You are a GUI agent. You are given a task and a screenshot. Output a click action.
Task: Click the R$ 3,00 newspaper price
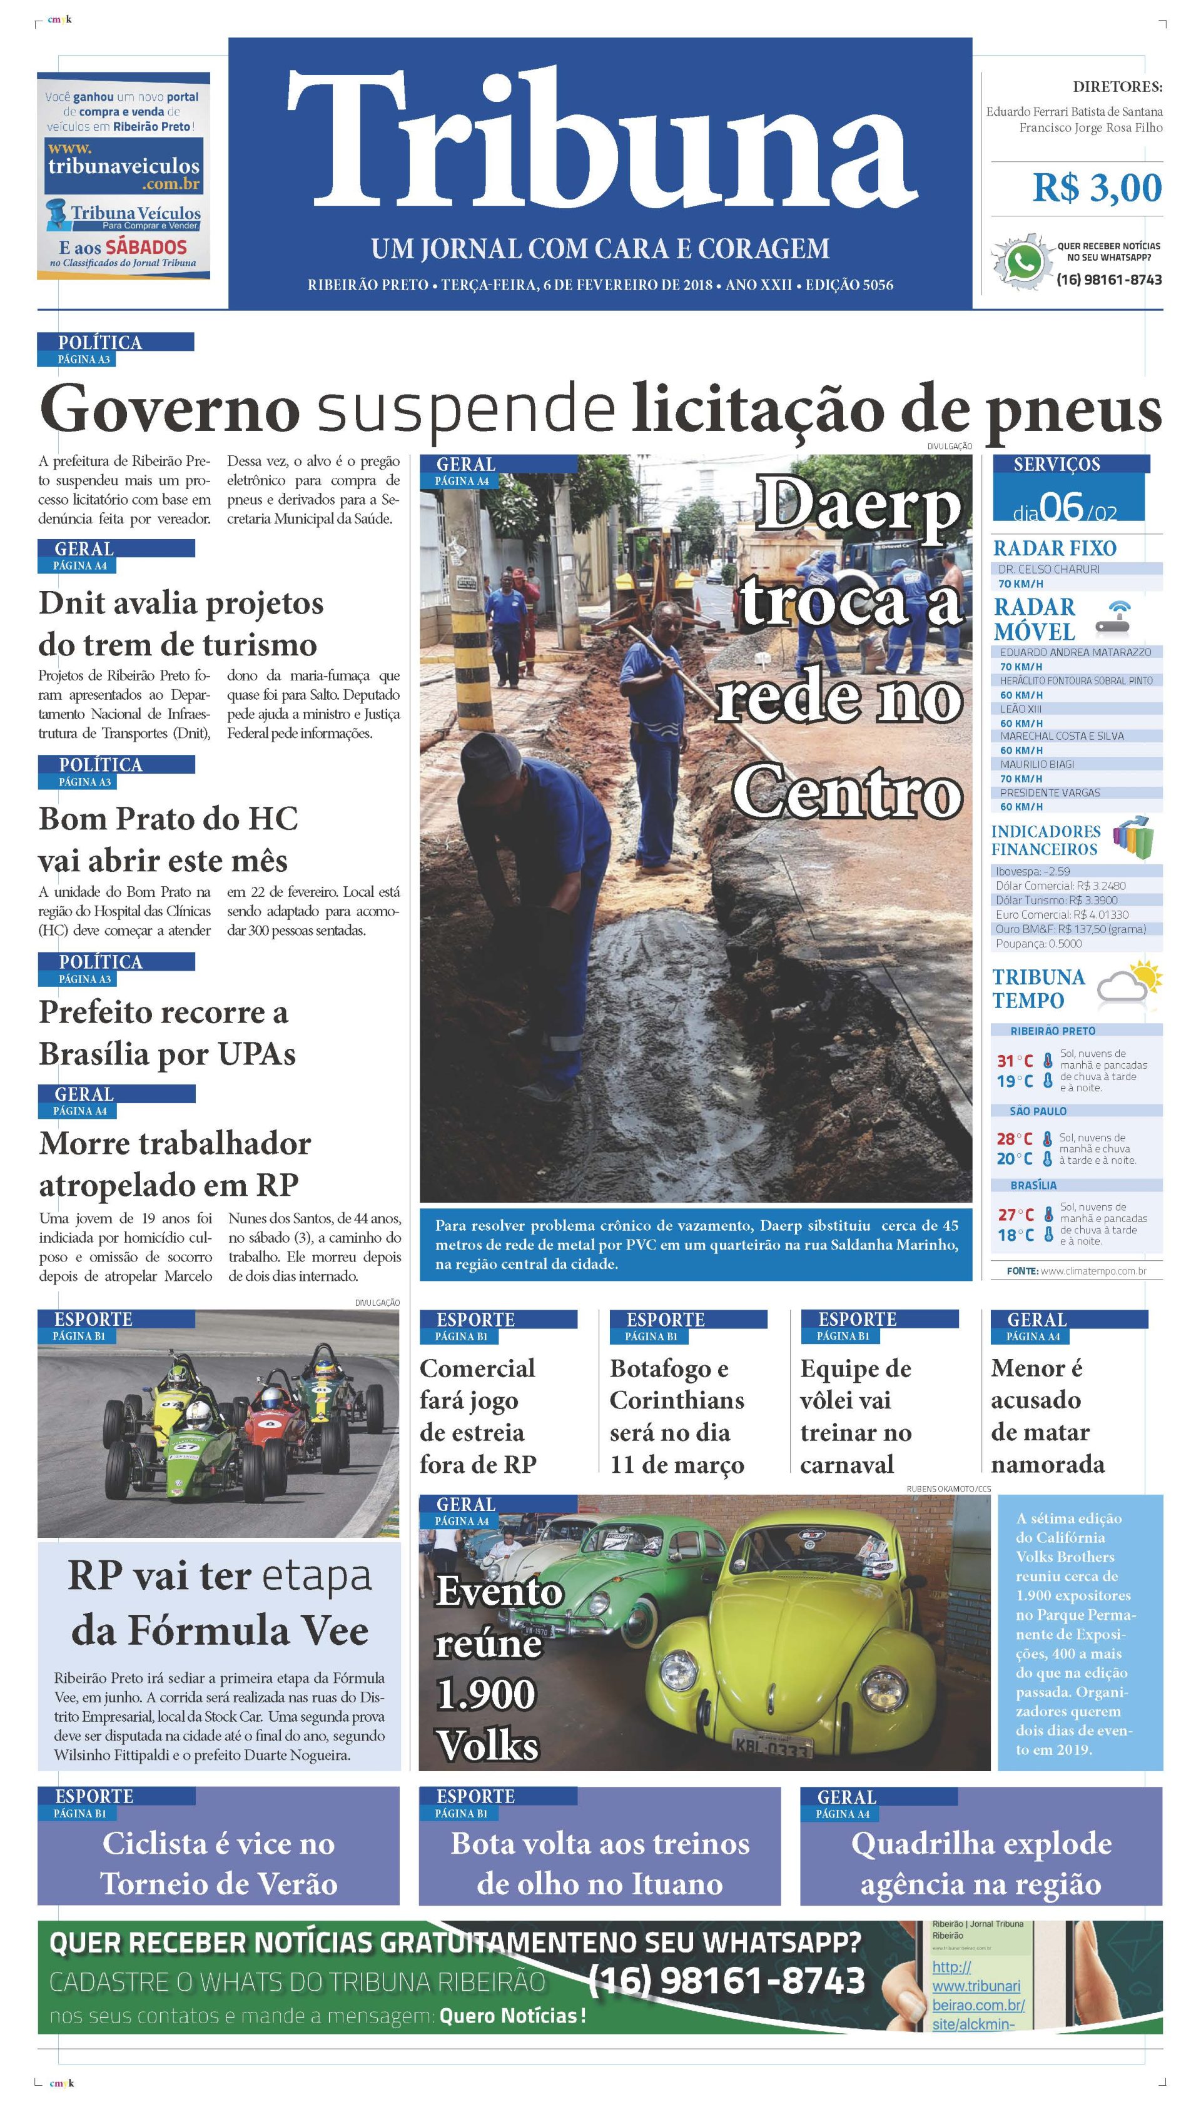point(1097,188)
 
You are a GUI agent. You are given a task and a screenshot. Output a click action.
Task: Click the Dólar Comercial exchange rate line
point(1060,886)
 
